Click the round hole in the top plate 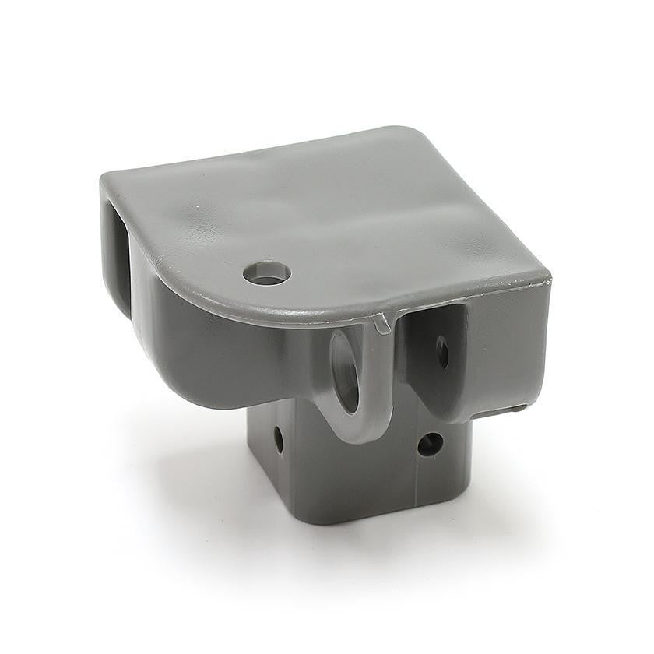point(266,272)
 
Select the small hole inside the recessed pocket point(441,351)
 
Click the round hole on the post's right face point(430,445)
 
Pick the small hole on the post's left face point(279,439)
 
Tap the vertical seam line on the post point(416,479)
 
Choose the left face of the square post point(269,467)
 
